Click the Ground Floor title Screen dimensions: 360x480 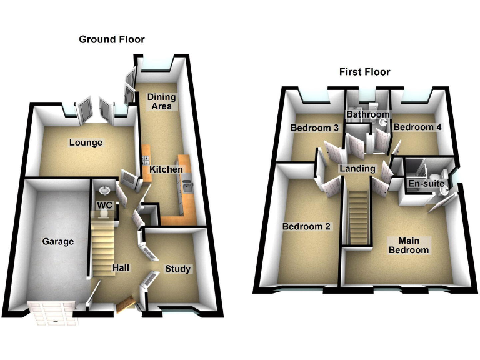[x=112, y=39]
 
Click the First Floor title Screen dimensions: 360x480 [x=364, y=72]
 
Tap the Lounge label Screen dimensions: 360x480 [x=86, y=142]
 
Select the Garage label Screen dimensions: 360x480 [x=57, y=241]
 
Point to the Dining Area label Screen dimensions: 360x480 [x=161, y=102]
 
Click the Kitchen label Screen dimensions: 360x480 [x=166, y=169]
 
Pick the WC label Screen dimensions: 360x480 [x=103, y=204]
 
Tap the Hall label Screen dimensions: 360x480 [x=121, y=268]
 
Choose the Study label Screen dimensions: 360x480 [x=177, y=269]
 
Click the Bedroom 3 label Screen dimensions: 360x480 [x=314, y=128]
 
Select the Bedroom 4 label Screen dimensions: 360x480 [x=417, y=127]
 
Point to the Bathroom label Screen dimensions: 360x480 [x=368, y=114]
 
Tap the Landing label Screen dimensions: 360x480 [x=357, y=169]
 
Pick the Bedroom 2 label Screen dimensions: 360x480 [x=306, y=226]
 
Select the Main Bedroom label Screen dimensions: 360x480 [x=409, y=245]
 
